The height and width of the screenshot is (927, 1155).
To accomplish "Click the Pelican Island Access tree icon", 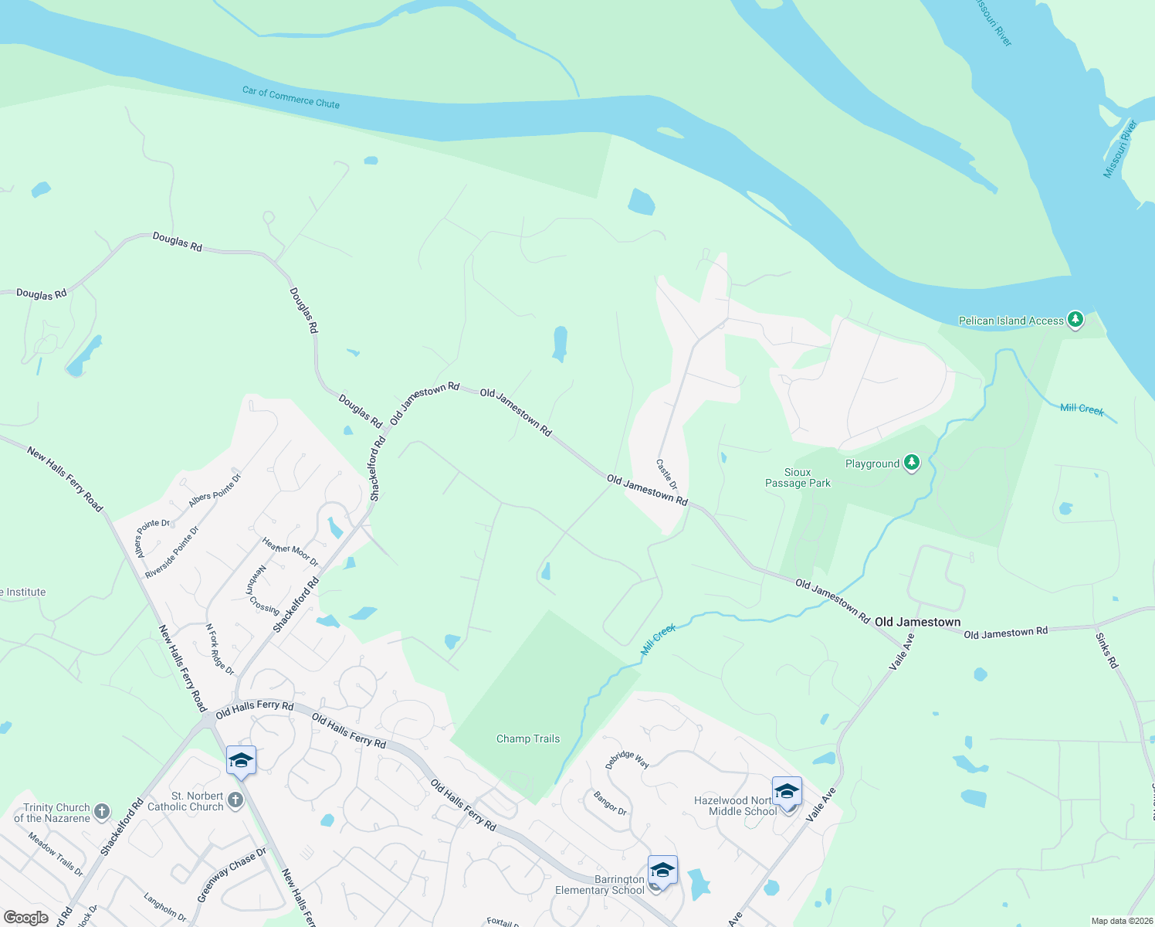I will pyautogui.click(x=1075, y=320).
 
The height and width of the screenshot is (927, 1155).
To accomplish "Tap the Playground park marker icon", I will pyautogui.click(x=912, y=463).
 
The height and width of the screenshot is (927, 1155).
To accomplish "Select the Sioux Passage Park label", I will pyautogui.click(x=798, y=477).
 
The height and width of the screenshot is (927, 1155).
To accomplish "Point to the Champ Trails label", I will pyautogui.click(x=528, y=739).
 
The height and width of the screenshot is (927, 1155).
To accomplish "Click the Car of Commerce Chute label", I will pyautogui.click(x=291, y=97).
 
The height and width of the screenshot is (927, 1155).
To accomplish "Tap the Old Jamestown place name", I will pyautogui.click(x=917, y=622).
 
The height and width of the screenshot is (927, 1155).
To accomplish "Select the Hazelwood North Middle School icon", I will pyautogui.click(x=787, y=793).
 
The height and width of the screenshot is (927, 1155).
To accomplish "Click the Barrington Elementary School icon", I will pyautogui.click(x=662, y=871).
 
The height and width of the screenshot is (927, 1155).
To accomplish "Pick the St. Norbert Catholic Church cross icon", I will pyautogui.click(x=235, y=800).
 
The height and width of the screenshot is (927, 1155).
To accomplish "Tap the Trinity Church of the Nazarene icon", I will pyautogui.click(x=101, y=812).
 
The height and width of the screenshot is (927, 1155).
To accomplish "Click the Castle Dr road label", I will pyautogui.click(x=667, y=474).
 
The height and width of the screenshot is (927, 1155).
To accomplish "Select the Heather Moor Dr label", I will pyautogui.click(x=290, y=552).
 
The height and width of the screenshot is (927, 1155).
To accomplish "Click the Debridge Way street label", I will pyautogui.click(x=627, y=759).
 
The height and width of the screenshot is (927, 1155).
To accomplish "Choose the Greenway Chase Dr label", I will pyautogui.click(x=231, y=874).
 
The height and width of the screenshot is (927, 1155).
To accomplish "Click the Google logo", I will pyautogui.click(x=26, y=918).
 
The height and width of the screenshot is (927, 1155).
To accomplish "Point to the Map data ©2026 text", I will pyautogui.click(x=1122, y=921).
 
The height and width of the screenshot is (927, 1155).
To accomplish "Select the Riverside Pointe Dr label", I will pyautogui.click(x=171, y=552).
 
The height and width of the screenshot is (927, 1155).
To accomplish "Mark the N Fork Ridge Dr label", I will pyautogui.click(x=219, y=649).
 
